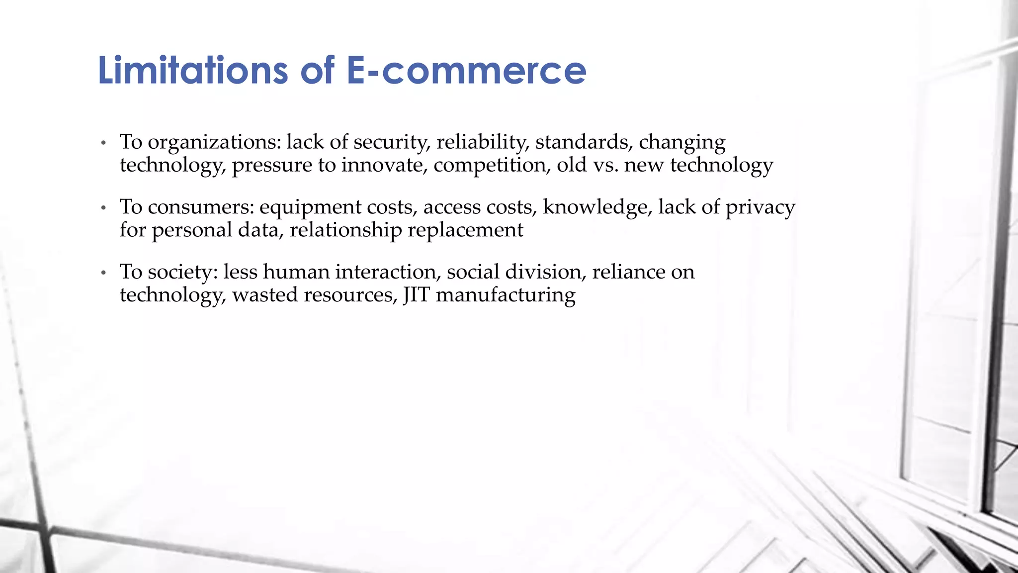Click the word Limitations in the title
pos(192,70)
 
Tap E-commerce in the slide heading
pos(466,70)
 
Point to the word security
pos(392,143)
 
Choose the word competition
pos(492,166)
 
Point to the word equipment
pos(310,208)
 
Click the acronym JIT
pos(416,295)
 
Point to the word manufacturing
pos(506,295)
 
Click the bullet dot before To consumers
pos(103,208)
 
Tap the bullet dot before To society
pos(103,273)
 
